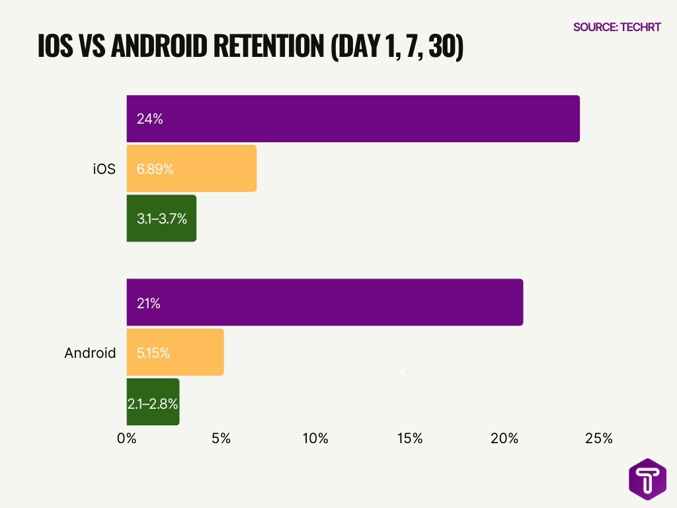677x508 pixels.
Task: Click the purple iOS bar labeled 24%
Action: pos(353,119)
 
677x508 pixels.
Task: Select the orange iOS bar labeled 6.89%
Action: pos(192,169)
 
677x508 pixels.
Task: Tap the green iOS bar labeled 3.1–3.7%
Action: pos(161,218)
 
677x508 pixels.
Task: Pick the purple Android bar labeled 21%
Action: pos(325,302)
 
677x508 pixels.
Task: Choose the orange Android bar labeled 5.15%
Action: pos(175,353)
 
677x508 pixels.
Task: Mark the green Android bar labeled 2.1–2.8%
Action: pos(153,402)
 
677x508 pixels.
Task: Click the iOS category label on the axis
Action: pos(104,169)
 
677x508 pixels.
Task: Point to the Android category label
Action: pos(90,353)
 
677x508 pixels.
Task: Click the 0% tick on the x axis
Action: pos(126,439)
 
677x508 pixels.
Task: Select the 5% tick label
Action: pos(221,439)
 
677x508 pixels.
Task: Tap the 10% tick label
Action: pos(315,439)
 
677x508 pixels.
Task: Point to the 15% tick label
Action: pos(410,439)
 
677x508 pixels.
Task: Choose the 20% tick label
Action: pos(504,439)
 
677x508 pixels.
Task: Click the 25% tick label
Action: pos(599,439)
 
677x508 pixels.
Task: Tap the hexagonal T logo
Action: pos(647,479)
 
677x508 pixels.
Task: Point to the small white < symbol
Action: pos(402,373)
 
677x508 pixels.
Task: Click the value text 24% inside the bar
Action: pos(150,119)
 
